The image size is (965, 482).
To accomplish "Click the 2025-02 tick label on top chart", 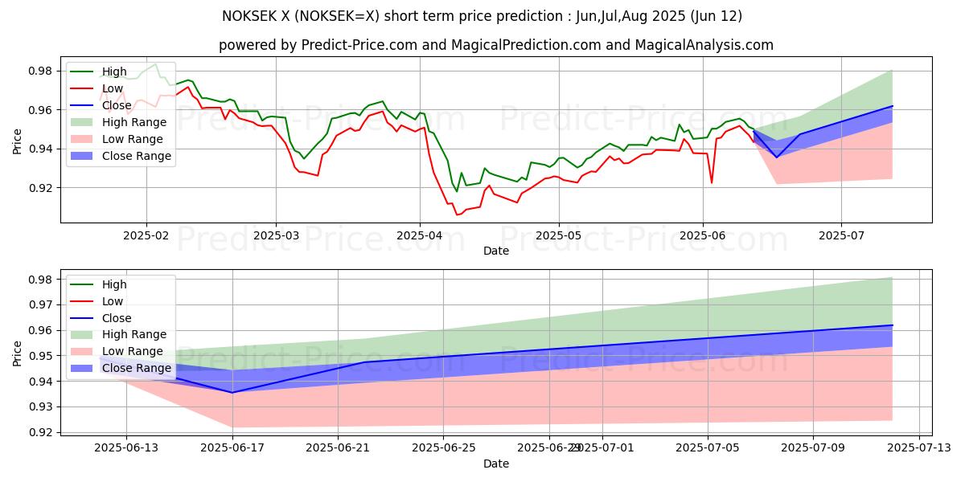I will (146, 235).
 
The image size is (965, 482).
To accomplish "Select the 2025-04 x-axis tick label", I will (419, 235).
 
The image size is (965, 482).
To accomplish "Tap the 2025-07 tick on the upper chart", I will (841, 235).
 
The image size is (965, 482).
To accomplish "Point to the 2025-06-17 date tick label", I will (232, 448).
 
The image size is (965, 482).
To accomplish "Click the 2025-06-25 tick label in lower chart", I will (444, 448).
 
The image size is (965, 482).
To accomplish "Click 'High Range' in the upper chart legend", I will (133, 122).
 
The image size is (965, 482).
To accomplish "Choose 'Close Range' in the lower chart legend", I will (137, 368).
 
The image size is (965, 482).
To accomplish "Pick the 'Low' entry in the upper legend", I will (113, 88).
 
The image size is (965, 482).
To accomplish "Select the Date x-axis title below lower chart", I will (495, 464).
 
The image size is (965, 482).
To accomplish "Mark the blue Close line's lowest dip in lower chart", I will (232, 392).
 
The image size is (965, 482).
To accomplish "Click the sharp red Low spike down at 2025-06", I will (711, 183).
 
